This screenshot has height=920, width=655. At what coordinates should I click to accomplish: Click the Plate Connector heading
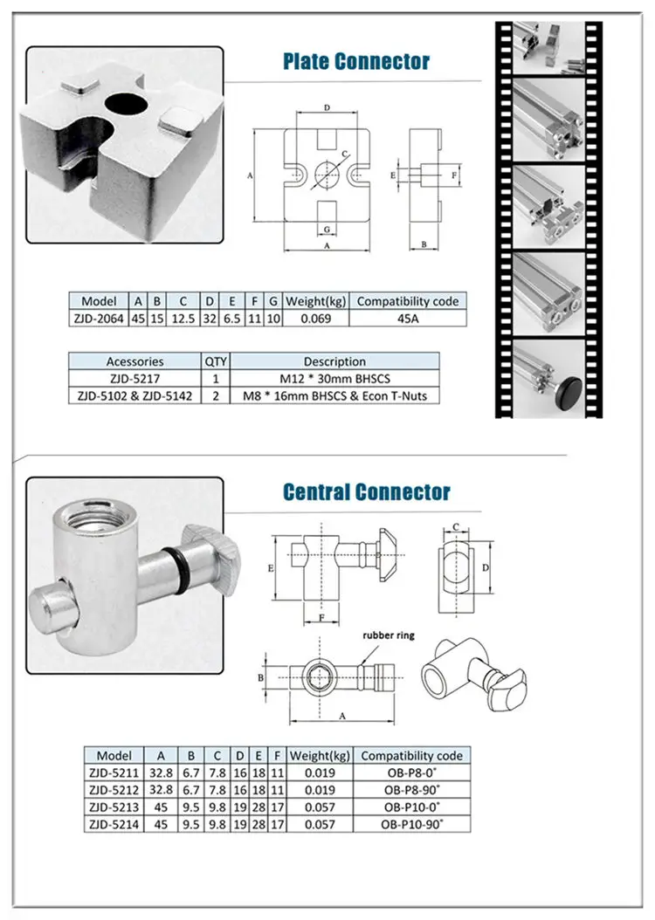point(355,62)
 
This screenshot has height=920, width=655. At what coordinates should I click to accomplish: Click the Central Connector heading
point(367,492)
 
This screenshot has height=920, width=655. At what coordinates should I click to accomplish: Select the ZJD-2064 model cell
point(99,319)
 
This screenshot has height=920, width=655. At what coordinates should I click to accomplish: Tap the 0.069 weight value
point(314,319)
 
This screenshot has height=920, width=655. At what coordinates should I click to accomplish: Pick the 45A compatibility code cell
point(408,319)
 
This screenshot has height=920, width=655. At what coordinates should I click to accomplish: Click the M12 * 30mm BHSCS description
point(334,379)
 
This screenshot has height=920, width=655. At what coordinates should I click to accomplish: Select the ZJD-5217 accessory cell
point(134,379)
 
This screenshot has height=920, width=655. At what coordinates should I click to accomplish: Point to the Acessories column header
point(134,361)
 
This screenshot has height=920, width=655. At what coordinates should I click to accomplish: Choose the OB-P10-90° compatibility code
point(410,823)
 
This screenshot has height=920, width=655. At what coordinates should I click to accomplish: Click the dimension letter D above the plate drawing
point(326,107)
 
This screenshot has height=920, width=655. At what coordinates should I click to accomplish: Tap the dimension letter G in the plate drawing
point(326,229)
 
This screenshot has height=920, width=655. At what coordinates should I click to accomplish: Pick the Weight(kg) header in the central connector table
point(320,755)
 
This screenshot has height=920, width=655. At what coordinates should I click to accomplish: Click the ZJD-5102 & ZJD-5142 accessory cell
point(134,395)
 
